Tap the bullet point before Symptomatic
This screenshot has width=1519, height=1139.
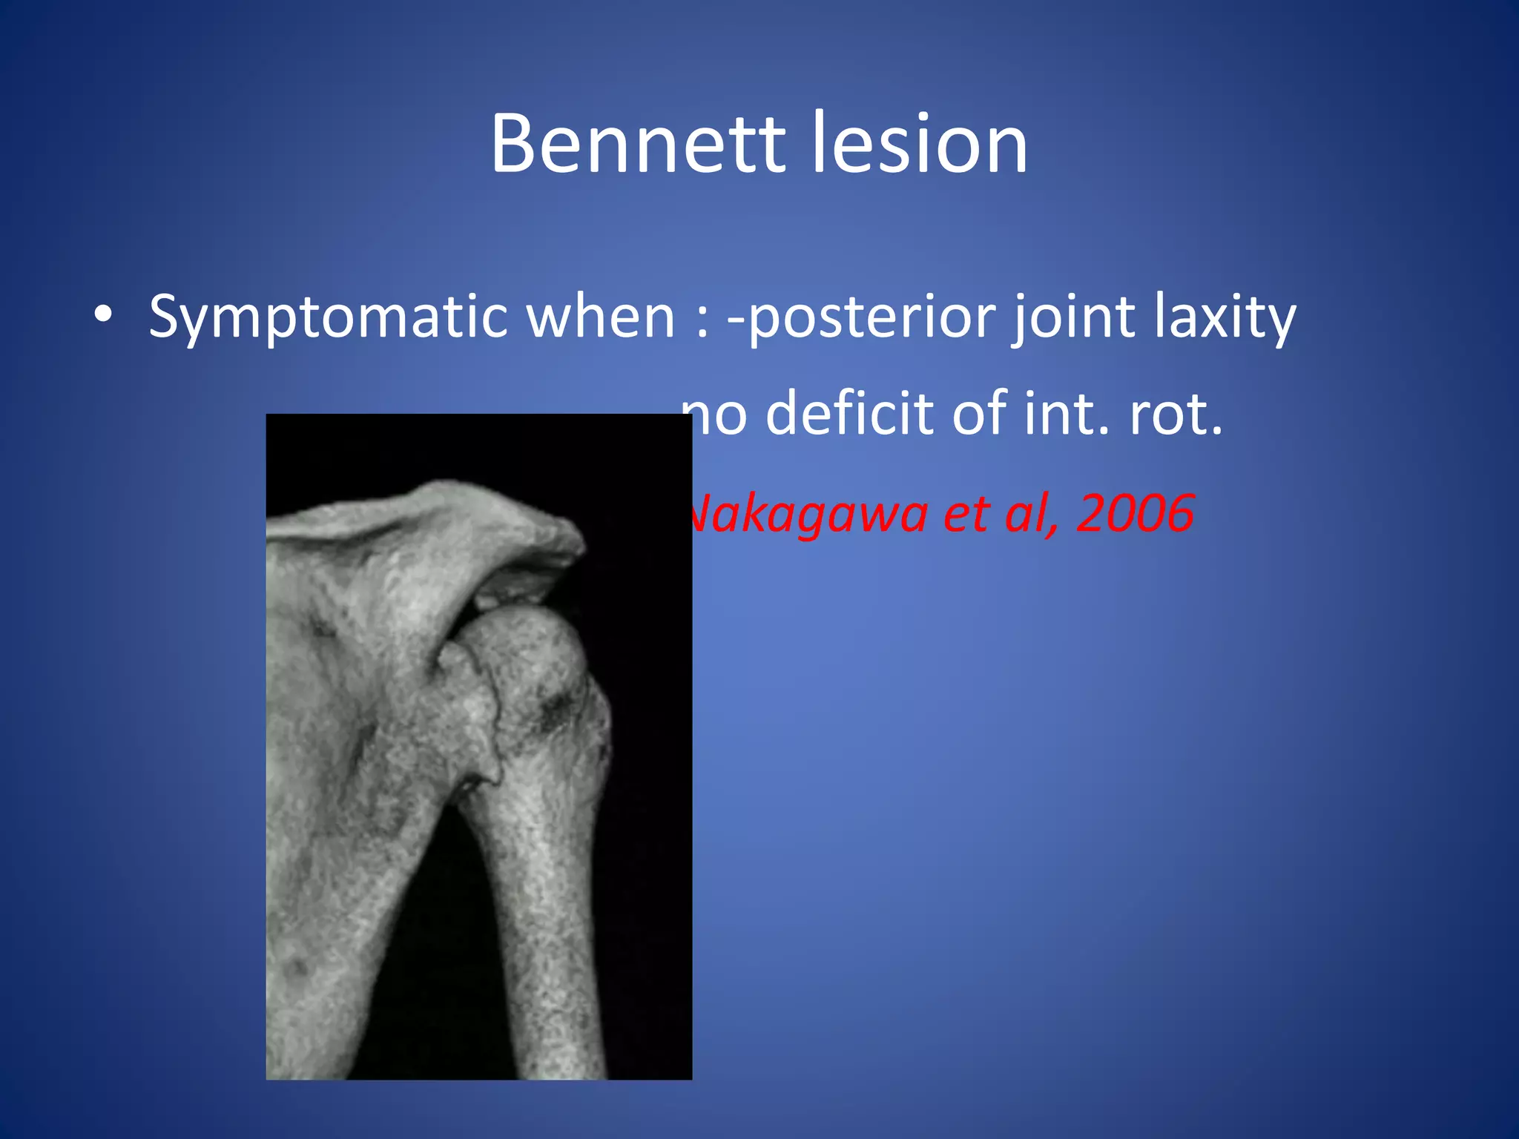point(104,314)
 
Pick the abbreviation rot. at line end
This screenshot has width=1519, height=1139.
point(1176,413)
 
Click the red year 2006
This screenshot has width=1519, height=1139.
point(1135,513)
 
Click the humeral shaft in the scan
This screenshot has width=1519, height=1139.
point(549,927)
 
